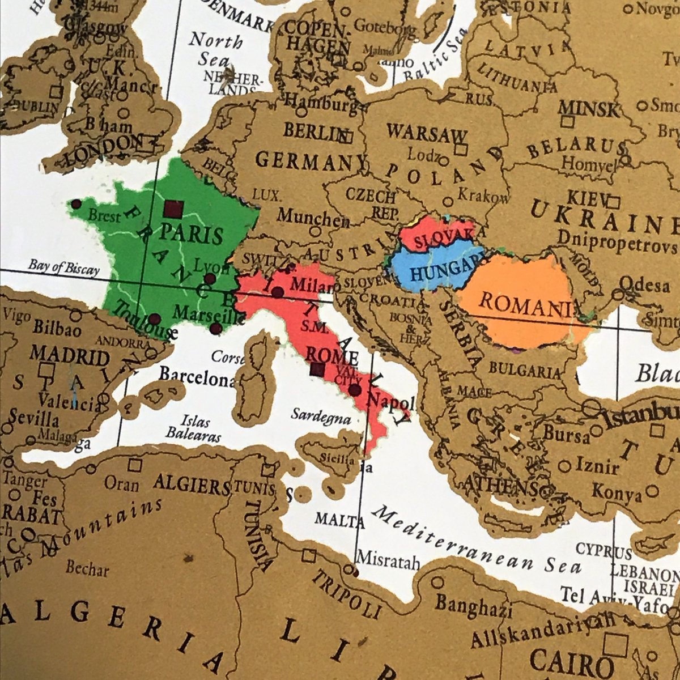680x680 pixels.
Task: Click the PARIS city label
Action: [x=184, y=233]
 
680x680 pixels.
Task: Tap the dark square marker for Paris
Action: [x=172, y=210]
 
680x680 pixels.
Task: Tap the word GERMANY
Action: [x=304, y=161]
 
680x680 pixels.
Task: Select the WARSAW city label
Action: [x=427, y=134]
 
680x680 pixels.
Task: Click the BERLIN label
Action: [x=313, y=131]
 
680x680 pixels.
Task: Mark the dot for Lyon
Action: [x=210, y=278]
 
